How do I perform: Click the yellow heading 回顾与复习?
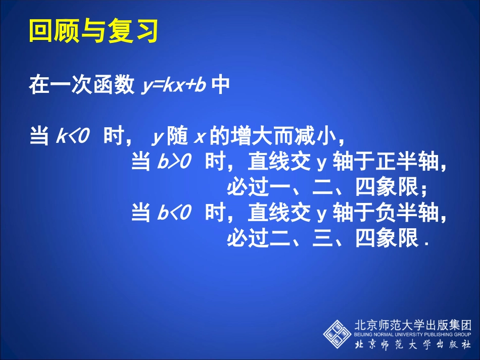coord(94,31)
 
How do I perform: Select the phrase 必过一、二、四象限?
coord(323,188)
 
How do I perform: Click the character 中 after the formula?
coord(221,85)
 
